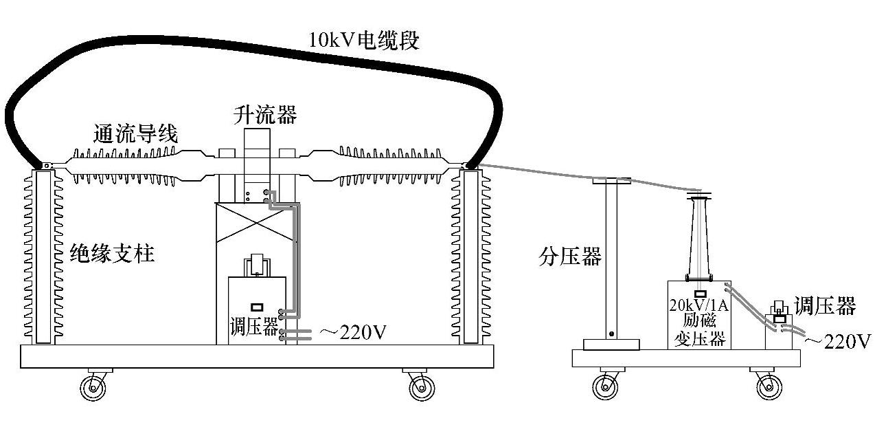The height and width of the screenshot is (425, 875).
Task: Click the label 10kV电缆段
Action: tap(363, 40)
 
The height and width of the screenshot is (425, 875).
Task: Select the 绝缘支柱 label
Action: tap(112, 254)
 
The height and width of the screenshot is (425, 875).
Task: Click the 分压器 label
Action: tap(570, 258)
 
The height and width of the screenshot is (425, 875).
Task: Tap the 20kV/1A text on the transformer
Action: tap(699, 305)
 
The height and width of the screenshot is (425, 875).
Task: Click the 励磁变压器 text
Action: tap(699, 329)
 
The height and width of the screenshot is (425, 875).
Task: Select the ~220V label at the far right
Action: tap(839, 340)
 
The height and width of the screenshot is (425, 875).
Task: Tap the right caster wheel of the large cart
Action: tap(421, 388)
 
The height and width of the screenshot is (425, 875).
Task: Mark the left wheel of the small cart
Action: tap(608, 387)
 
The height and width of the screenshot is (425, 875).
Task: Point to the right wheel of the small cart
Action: tap(769, 387)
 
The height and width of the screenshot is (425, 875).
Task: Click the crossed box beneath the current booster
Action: tap(255, 222)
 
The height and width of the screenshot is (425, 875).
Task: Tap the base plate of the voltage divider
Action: tap(611, 344)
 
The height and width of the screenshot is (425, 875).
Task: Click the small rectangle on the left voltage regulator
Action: tap(258, 307)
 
